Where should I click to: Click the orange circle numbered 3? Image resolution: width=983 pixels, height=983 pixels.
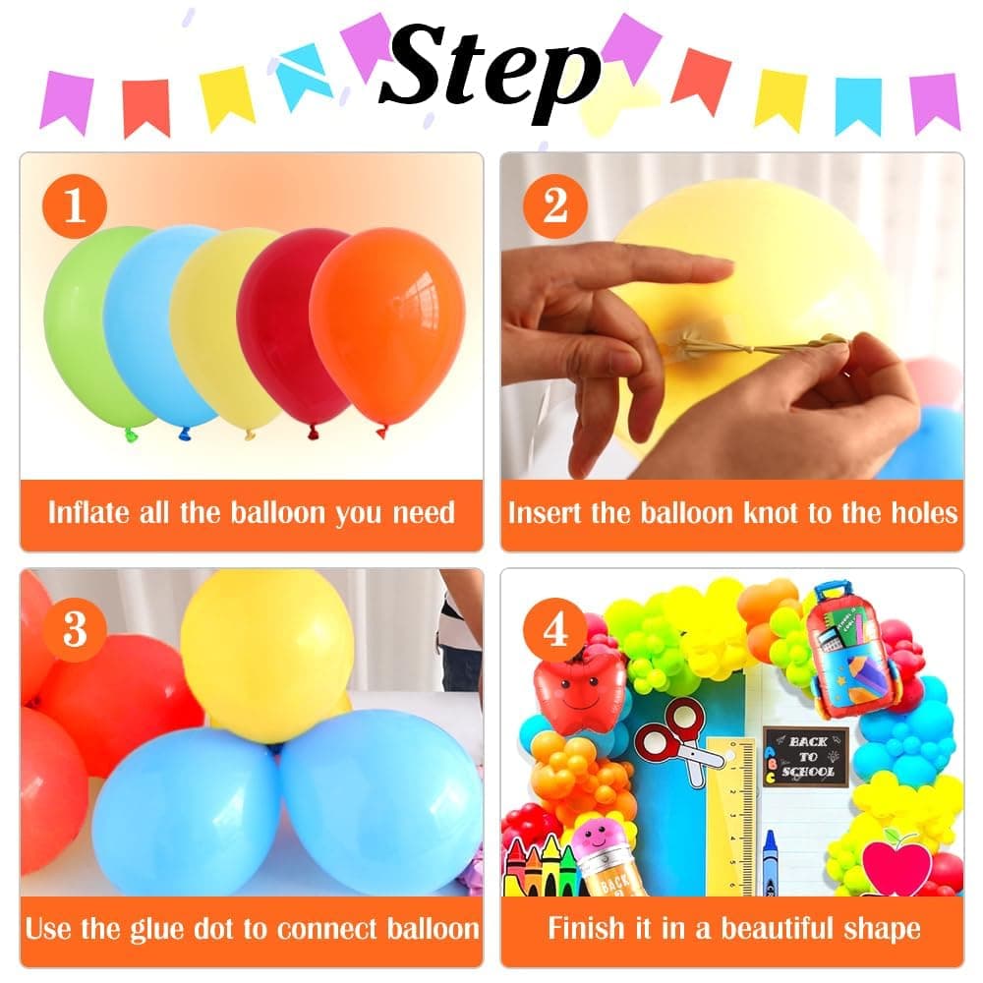[75, 627]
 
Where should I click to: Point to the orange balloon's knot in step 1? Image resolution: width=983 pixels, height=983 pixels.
[381, 430]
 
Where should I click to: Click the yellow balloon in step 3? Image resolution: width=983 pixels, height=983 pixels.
[267, 654]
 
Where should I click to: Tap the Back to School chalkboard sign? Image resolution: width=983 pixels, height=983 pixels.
[806, 756]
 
